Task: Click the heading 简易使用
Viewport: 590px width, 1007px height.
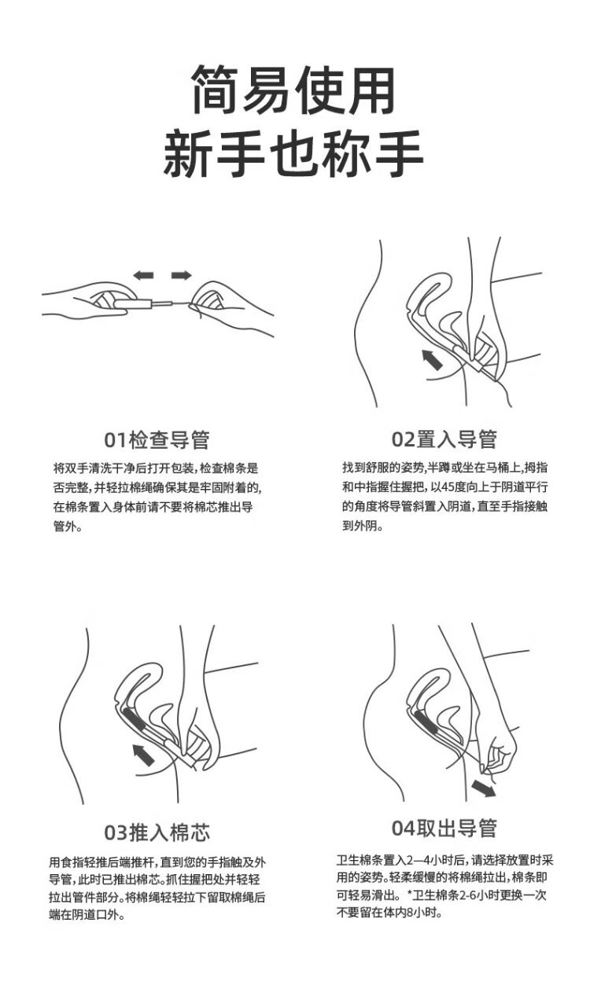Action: pos(294,90)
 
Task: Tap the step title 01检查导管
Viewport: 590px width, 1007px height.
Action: pos(157,440)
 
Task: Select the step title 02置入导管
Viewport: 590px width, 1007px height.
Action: pos(444,439)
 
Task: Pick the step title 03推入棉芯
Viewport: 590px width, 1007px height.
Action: pos(157,832)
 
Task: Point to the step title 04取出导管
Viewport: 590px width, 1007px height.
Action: pos(444,828)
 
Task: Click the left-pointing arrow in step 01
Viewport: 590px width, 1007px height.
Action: pos(143,275)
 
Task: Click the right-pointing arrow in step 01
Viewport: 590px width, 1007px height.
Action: pos(182,275)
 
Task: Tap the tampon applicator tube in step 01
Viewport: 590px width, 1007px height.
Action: pos(134,304)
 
